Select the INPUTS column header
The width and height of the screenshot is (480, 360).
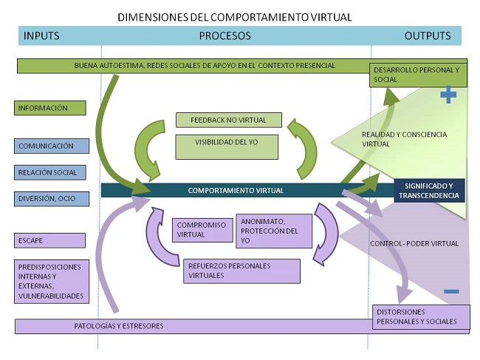pyautogui.click(x=41, y=35)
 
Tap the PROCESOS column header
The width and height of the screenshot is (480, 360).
pyautogui.click(x=225, y=35)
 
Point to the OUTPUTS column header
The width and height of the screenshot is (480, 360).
pyautogui.click(x=428, y=35)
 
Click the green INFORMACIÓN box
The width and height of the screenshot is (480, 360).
pyautogui.click(x=50, y=108)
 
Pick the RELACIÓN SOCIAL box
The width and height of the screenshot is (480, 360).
pyautogui.click(x=50, y=172)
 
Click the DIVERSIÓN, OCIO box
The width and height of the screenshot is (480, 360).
pyautogui.click(x=50, y=199)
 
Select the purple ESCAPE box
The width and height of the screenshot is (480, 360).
pyautogui.click(x=50, y=240)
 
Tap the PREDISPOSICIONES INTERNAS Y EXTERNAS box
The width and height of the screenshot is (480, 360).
pyautogui.click(x=50, y=281)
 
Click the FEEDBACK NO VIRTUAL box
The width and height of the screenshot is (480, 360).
pyautogui.click(x=230, y=120)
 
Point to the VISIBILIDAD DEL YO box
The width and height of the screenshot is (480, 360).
pyautogui.click(x=226, y=146)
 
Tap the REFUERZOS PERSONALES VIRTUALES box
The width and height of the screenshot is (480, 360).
pyautogui.click(x=241, y=271)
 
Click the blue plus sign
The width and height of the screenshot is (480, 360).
pyautogui.click(x=448, y=94)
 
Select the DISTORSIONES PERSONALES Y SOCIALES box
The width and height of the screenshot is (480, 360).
pyautogui.click(x=418, y=316)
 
